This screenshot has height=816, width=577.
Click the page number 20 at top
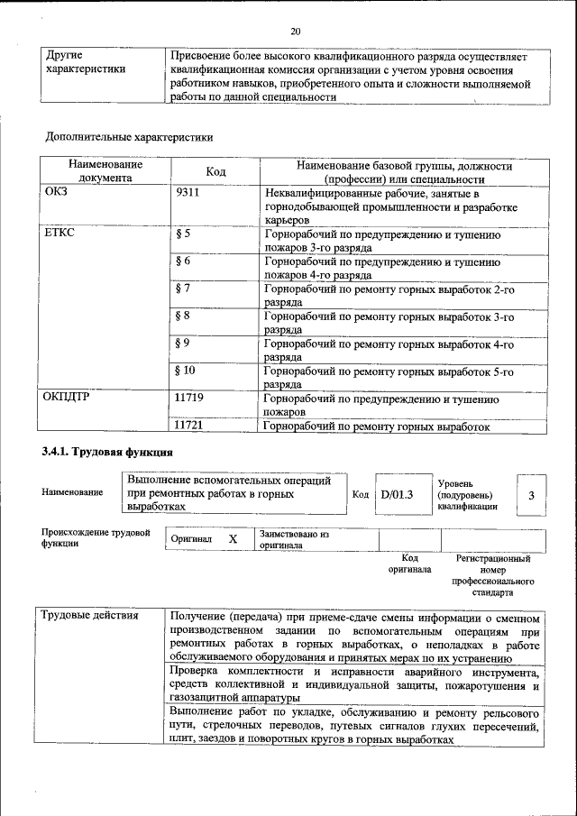pos(295,32)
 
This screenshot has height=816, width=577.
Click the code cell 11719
pos(192,397)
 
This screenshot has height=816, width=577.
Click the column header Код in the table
pos(215,171)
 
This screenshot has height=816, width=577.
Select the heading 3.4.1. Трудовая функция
pos(106,451)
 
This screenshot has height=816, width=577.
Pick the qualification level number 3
pos(531,494)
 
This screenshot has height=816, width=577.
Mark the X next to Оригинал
pos(233,539)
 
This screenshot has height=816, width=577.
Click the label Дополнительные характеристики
pos(129,138)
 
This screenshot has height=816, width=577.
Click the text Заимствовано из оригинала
pos(293,539)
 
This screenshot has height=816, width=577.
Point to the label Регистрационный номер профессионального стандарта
pos(493,576)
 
